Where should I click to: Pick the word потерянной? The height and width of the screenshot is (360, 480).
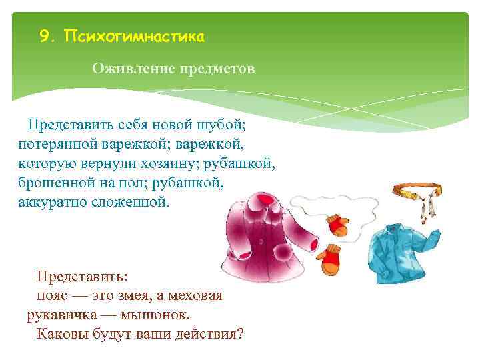(x=58, y=143)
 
